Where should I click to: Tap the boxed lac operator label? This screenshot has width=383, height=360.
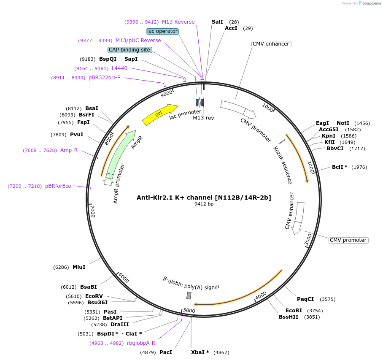[x=162, y=31]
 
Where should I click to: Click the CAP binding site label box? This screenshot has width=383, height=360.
[x=129, y=50]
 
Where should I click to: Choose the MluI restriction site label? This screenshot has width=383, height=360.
[x=79, y=267]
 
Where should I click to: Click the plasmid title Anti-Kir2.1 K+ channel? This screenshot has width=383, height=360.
[x=204, y=197]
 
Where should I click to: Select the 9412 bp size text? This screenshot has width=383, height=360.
[x=204, y=204]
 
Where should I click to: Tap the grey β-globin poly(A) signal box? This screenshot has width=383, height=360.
[x=189, y=295]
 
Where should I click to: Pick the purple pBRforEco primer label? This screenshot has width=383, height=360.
[x=58, y=186]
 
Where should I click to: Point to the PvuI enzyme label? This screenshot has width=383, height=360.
[x=77, y=135]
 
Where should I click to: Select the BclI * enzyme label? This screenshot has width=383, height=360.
[x=340, y=167]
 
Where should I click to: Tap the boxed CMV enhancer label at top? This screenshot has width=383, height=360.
[x=271, y=44]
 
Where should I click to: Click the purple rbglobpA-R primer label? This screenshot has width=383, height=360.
[x=141, y=343]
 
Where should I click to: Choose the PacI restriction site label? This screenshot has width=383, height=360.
[x=165, y=352]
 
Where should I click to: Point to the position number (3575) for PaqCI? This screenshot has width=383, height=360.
[x=328, y=299]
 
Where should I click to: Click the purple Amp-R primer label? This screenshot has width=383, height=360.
[x=69, y=150]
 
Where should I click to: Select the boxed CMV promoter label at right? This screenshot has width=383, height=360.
[x=348, y=240]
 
